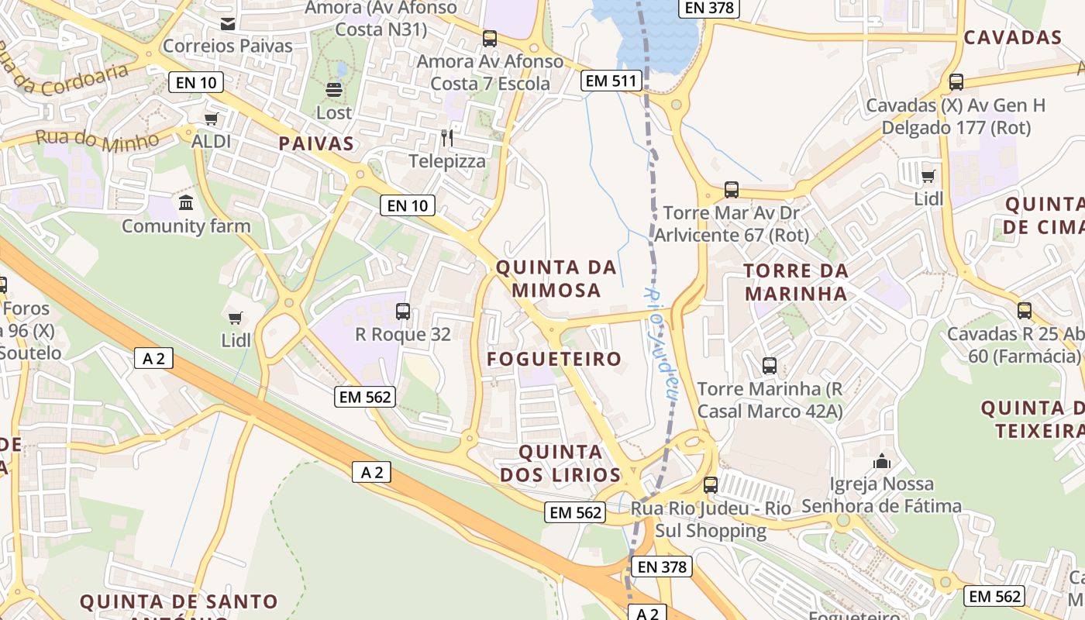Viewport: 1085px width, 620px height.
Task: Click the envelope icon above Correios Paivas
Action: point(228,24)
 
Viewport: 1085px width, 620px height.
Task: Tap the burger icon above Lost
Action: point(334,90)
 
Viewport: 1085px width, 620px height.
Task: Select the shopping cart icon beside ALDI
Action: point(211,119)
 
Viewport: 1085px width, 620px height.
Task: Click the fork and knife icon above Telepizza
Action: point(447,138)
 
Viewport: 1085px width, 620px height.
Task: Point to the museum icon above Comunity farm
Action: point(186,203)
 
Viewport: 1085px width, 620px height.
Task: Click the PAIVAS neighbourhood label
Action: point(316,143)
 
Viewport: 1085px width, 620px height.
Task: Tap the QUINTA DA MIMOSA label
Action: point(556,279)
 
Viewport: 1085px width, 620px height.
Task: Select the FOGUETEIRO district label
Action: point(554,359)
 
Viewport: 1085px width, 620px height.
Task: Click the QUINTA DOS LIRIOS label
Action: point(560,463)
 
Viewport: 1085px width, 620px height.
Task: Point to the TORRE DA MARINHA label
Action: point(796,282)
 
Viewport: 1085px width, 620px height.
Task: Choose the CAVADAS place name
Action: point(1012,37)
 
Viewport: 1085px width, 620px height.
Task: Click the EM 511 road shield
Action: point(611,80)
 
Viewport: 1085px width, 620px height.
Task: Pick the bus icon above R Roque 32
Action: point(403,312)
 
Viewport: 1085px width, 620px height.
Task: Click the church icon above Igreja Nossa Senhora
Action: point(882,462)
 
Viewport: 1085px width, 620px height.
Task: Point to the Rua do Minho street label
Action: point(97,139)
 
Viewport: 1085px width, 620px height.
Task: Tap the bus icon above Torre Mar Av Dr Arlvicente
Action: point(731,190)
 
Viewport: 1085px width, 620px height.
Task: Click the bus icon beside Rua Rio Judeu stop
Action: point(711,486)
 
